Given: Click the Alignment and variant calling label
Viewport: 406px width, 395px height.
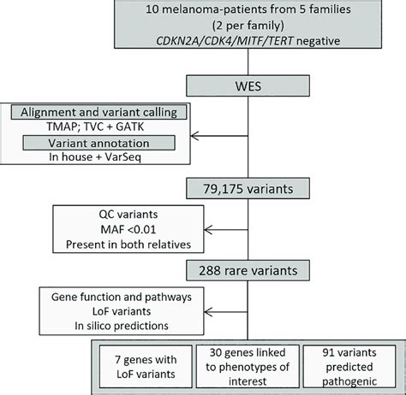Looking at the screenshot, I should tap(99, 110).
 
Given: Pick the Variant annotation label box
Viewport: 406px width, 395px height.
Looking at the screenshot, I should tap(99, 141).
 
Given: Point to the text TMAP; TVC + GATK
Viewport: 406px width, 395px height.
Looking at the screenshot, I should tap(99, 126).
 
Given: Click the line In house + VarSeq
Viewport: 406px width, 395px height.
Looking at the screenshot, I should tap(99, 156).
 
